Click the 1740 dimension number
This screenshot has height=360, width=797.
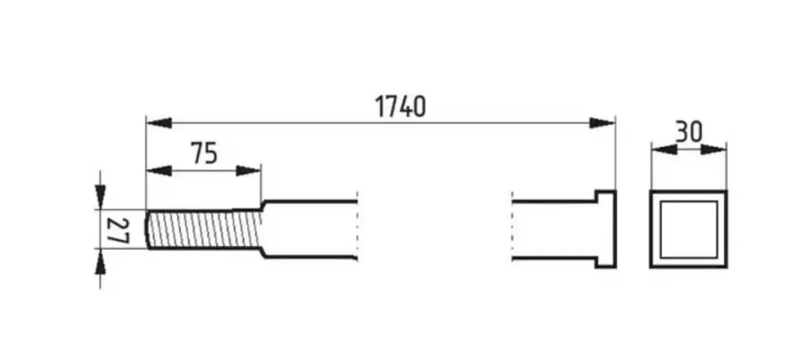pos(400,106)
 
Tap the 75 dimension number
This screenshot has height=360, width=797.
pos(204,153)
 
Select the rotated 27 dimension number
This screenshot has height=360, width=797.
pos(118,230)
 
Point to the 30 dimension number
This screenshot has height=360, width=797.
pos(689,132)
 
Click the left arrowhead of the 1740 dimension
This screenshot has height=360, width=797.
pos(159,123)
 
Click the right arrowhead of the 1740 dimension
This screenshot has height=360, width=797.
pos(602,123)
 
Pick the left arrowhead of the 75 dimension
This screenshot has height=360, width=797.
pos(159,171)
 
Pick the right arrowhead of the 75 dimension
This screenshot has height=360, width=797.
pos(249,171)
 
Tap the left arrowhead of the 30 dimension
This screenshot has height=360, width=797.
pos(664,149)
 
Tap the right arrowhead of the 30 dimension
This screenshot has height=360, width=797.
pos(714,149)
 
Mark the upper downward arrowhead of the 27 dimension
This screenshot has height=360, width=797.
pos(100,197)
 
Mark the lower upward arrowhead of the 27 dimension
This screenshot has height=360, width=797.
pos(100,261)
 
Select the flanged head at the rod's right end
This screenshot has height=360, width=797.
pos(606,229)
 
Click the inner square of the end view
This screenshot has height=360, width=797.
pos(688,229)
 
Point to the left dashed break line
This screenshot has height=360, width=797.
pos(357,226)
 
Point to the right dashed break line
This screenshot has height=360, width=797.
pos(512,226)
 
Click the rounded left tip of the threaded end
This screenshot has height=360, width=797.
pos(146,229)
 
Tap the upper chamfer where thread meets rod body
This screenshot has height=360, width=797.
pos(263,205)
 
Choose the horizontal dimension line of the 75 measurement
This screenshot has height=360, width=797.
pos(204,171)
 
